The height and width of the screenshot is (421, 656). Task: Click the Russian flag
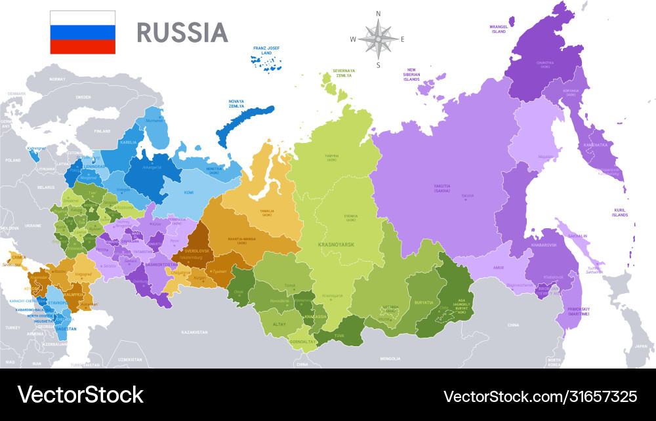[x=83, y=32]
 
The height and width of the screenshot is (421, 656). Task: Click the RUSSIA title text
[x=182, y=32]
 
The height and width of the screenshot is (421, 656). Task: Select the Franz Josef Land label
[x=267, y=51]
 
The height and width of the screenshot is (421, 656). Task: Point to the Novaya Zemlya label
[x=236, y=104]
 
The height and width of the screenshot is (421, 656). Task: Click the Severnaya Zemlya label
[x=344, y=72]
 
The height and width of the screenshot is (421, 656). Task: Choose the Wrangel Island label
[x=499, y=29]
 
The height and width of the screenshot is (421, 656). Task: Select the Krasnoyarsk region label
[x=337, y=244]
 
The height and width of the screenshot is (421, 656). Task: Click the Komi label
[x=189, y=193]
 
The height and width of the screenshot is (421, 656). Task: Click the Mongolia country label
[x=390, y=359]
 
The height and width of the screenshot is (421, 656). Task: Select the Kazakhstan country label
[x=194, y=333]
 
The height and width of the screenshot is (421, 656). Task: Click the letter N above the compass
[x=378, y=13]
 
